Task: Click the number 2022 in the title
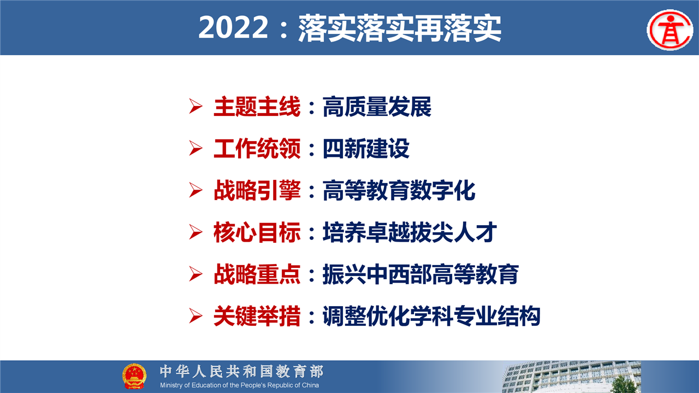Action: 233,27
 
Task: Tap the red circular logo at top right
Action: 670,30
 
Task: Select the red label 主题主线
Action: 257,107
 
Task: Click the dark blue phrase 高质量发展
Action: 377,107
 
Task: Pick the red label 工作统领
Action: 257,148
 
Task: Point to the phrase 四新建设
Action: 366,148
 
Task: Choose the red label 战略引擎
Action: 257,190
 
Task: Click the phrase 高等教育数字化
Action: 399,190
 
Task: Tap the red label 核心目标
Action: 257,232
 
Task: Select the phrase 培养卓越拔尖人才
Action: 410,232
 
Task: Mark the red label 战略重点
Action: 257,274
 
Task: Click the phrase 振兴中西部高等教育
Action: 420,274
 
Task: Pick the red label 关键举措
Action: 257,316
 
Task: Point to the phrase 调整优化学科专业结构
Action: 431,316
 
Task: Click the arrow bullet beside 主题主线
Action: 196,106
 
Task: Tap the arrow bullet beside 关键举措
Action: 196,316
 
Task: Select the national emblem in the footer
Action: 134,376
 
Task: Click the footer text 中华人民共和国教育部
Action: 241,371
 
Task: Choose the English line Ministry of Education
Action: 239,385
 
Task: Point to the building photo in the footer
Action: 571,377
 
